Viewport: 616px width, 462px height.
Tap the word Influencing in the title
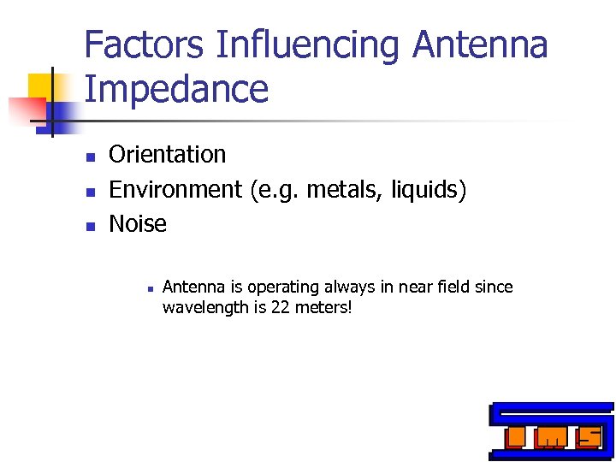pos(308,44)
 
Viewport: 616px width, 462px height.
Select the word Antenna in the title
pos(480,44)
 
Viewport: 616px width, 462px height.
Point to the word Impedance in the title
pos(176,89)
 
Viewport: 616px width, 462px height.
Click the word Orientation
pos(168,155)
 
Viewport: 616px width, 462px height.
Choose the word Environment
pos(175,189)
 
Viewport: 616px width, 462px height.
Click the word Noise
pos(138,224)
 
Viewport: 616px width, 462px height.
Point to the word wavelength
pos(203,307)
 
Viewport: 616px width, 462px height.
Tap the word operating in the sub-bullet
pos(280,287)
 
